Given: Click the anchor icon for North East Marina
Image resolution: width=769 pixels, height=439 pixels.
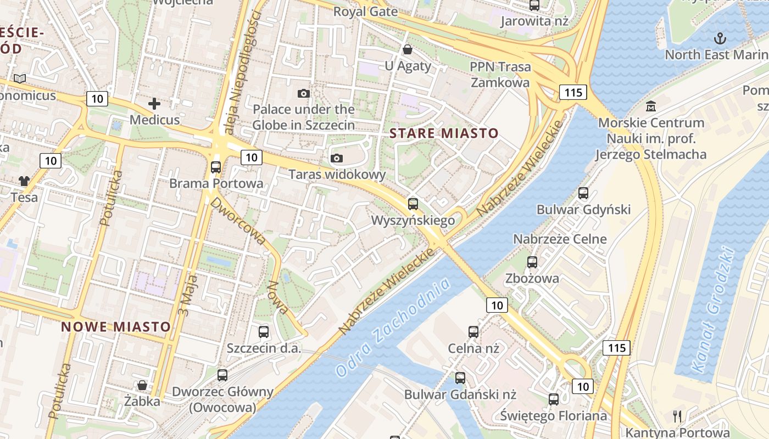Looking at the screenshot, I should [x=719, y=38].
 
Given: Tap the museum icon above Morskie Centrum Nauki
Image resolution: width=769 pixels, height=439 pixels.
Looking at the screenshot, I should [x=651, y=106].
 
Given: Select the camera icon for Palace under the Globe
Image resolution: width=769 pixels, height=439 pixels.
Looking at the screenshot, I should [x=303, y=94].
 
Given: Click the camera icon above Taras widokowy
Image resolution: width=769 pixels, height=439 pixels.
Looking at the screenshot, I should [x=337, y=159].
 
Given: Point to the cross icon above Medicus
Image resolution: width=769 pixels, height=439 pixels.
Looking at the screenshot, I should [x=154, y=103].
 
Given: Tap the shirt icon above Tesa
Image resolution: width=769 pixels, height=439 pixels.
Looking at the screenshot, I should [x=24, y=181].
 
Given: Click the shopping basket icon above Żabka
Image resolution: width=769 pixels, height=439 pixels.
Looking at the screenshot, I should [x=142, y=385].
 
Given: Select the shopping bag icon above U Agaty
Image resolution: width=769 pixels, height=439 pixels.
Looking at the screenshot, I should [x=408, y=50].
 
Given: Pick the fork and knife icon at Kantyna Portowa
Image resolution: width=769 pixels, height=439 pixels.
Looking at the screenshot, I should [x=677, y=417].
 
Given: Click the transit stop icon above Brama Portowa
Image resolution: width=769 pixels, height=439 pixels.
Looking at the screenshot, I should [x=216, y=167].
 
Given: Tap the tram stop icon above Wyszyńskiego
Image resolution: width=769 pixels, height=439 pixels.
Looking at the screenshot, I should [x=413, y=204].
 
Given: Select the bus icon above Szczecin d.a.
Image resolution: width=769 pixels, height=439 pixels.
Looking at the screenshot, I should [x=264, y=331].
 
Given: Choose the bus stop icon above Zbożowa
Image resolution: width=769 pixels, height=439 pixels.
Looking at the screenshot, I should [x=532, y=262].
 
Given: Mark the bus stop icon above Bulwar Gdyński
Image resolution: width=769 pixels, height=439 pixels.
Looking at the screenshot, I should [x=583, y=193].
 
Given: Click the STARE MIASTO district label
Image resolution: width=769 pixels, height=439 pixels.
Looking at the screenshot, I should [x=444, y=133].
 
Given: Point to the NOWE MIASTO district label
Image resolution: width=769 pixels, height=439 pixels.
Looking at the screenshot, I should [x=116, y=327].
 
